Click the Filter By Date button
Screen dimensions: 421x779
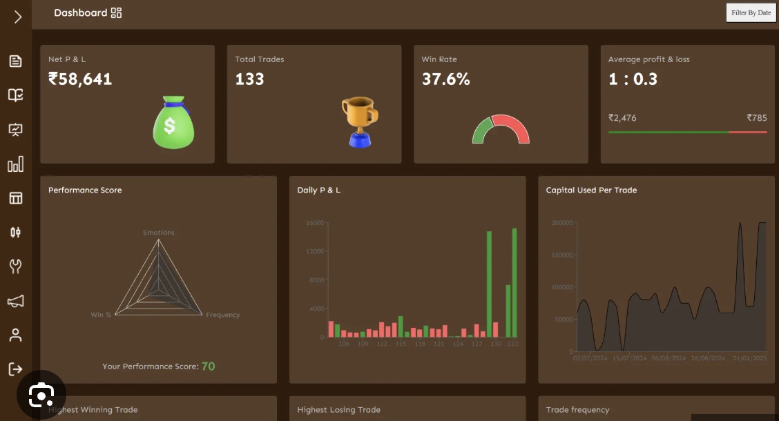pos(751,12)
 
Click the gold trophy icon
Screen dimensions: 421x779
pos(360,121)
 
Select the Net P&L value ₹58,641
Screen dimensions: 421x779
pos(80,79)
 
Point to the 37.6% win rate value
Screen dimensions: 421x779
pos(445,79)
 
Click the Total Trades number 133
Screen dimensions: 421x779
pos(249,79)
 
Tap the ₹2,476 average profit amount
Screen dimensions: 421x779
pos(622,118)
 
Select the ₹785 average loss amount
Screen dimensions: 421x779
pos(757,118)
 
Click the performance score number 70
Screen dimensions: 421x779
pos(208,366)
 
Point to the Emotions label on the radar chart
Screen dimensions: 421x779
pos(159,233)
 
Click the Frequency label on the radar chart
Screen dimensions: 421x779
pos(222,315)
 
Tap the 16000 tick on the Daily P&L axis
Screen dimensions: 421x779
pos(314,223)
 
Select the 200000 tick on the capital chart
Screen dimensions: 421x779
pos(562,223)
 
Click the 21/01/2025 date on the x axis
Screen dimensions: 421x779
pos(749,358)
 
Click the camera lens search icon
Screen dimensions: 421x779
pos(41,394)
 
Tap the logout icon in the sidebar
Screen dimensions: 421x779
pos(15,369)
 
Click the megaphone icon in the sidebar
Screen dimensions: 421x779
pos(15,301)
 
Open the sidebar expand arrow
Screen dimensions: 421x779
pos(17,17)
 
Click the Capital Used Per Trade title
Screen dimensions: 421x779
pos(591,190)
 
